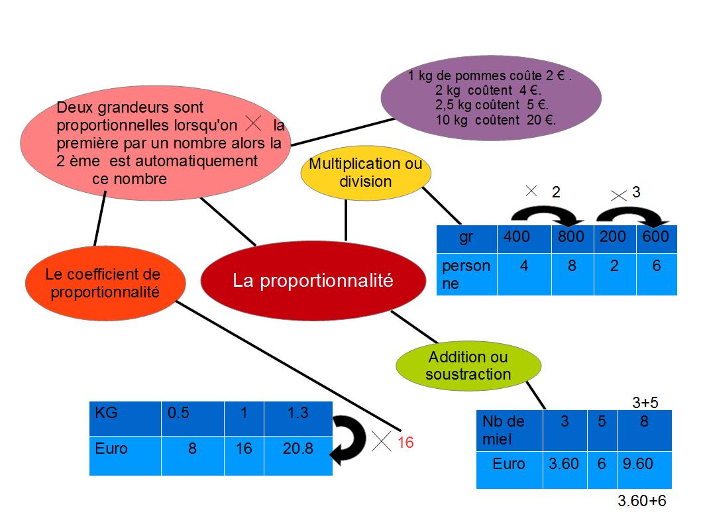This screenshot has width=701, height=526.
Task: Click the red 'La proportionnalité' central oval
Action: click(x=313, y=281)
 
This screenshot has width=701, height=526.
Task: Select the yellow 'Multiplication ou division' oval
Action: click(x=366, y=172)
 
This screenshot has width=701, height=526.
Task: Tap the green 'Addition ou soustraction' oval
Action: click(x=468, y=366)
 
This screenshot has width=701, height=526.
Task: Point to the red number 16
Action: click(x=405, y=443)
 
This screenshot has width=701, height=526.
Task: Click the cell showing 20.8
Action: click(x=297, y=449)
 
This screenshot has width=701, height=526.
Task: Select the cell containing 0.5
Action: click(x=178, y=413)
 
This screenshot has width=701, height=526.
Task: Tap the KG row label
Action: click(x=107, y=413)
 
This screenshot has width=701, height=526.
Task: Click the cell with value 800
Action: click(x=571, y=237)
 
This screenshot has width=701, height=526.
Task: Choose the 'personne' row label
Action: click(x=466, y=274)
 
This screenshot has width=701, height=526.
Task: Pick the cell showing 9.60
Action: click(x=637, y=464)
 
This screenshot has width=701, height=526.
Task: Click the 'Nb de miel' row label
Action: click(x=504, y=429)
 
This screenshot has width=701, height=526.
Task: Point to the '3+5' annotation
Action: click(x=645, y=402)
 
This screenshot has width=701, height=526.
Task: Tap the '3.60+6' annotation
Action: click(x=641, y=501)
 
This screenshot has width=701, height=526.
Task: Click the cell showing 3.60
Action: click(x=563, y=464)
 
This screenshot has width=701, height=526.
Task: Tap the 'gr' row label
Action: click(x=466, y=237)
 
